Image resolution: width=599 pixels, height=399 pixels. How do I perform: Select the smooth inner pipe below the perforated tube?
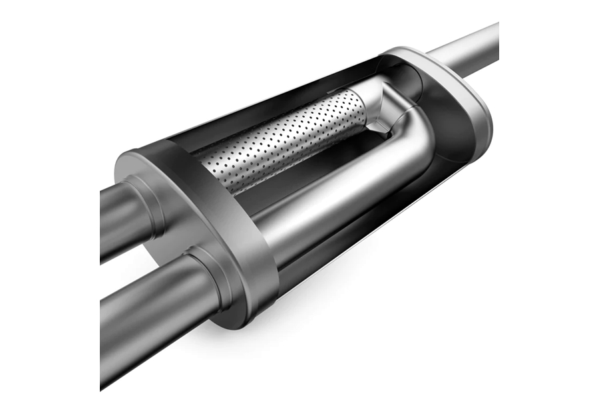333,199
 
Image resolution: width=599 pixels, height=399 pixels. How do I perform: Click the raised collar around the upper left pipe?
143,203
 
